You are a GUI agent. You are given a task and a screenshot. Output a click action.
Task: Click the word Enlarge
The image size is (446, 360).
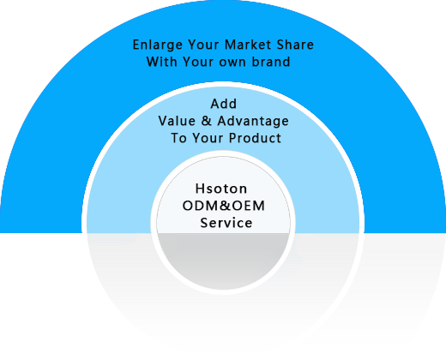(x=158, y=45)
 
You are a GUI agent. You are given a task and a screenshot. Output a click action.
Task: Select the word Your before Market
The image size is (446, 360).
(x=202, y=45)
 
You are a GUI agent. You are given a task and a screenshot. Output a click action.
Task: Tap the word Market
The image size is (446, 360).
(x=248, y=45)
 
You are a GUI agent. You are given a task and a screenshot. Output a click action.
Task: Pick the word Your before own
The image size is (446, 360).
(x=198, y=62)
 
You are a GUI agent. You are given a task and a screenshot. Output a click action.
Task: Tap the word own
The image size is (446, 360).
(x=232, y=63)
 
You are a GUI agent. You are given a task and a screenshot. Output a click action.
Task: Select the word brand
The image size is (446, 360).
(x=271, y=62)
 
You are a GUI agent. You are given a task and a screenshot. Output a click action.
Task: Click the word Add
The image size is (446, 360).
(x=224, y=104)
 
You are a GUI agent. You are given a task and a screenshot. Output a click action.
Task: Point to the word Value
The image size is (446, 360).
(x=177, y=121)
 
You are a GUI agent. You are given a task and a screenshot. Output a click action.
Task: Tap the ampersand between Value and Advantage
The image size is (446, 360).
(x=206, y=121)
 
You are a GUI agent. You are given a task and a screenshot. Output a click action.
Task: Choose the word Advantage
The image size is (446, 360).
(x=253, y=122)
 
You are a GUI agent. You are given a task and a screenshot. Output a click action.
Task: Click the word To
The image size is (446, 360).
(x=178, y=138)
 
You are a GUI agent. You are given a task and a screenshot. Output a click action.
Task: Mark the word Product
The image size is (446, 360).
(x=255, y=138)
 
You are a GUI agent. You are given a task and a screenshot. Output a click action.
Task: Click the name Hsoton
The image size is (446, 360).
(x=221, y=189)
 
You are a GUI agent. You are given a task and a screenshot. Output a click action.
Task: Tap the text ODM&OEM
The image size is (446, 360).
(x=224, y=206)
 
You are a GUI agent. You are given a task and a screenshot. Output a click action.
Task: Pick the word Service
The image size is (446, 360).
(x=226, y=223)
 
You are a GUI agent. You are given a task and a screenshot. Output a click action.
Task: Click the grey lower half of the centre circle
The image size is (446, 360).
(x=223, y=259)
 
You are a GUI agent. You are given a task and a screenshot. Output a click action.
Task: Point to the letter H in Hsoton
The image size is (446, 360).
(x=201, y=189)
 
